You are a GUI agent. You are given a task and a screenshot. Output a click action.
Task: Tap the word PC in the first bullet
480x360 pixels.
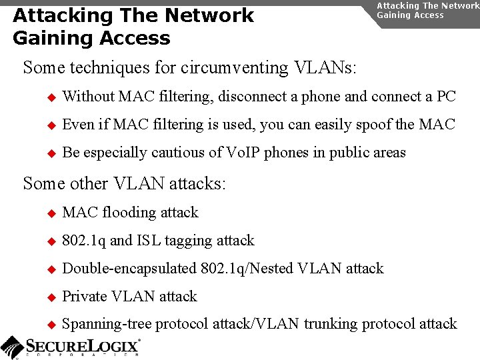(x=446, y=97)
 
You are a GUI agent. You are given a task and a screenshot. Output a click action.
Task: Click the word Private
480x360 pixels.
(x=85, y=297)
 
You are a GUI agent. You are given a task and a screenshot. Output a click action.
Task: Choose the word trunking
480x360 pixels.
(x=329, y=325)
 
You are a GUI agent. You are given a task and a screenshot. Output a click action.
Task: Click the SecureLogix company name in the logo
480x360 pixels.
(x=83, y=346)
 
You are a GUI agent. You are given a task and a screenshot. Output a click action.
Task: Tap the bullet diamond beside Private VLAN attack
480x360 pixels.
(x=51, y=297)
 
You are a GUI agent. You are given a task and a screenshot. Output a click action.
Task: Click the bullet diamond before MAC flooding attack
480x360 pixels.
(x=51, y=213)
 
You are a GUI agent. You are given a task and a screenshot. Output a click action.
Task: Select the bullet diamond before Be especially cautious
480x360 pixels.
(x=51, y=153)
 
